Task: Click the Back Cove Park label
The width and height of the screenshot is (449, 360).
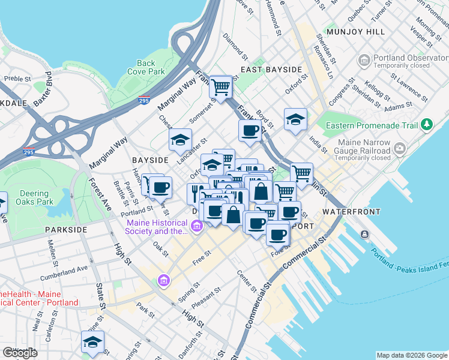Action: [x=146, y=67]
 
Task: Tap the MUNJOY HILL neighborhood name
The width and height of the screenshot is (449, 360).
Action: [x=349, y=31]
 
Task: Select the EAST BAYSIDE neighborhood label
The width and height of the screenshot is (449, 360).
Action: [x=271, y=70]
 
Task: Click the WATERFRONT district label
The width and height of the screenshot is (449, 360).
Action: [x=351, y=212]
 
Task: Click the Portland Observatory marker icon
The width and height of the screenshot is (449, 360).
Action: [x=364, y=61]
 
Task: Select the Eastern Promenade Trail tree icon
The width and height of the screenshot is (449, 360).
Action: [x=427, y=125]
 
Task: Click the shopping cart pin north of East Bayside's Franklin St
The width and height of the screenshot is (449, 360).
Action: [x=221, y=86]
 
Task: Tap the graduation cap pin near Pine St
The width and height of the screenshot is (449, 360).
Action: [x=92, y=342]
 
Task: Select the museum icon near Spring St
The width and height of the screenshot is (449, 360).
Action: [x=163, y=280]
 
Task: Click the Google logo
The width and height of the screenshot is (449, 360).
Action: [x=20, y=353]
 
